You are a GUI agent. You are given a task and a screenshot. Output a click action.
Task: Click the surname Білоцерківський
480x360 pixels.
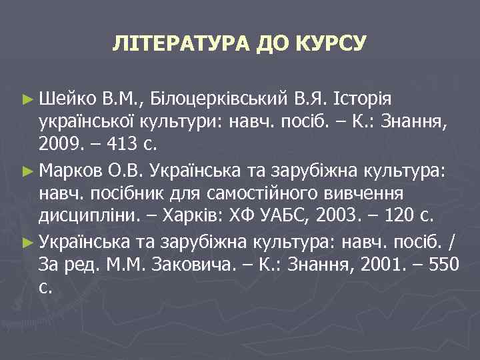[x=216, y=100]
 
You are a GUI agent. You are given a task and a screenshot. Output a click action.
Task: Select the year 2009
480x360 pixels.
[x=61, y=142]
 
